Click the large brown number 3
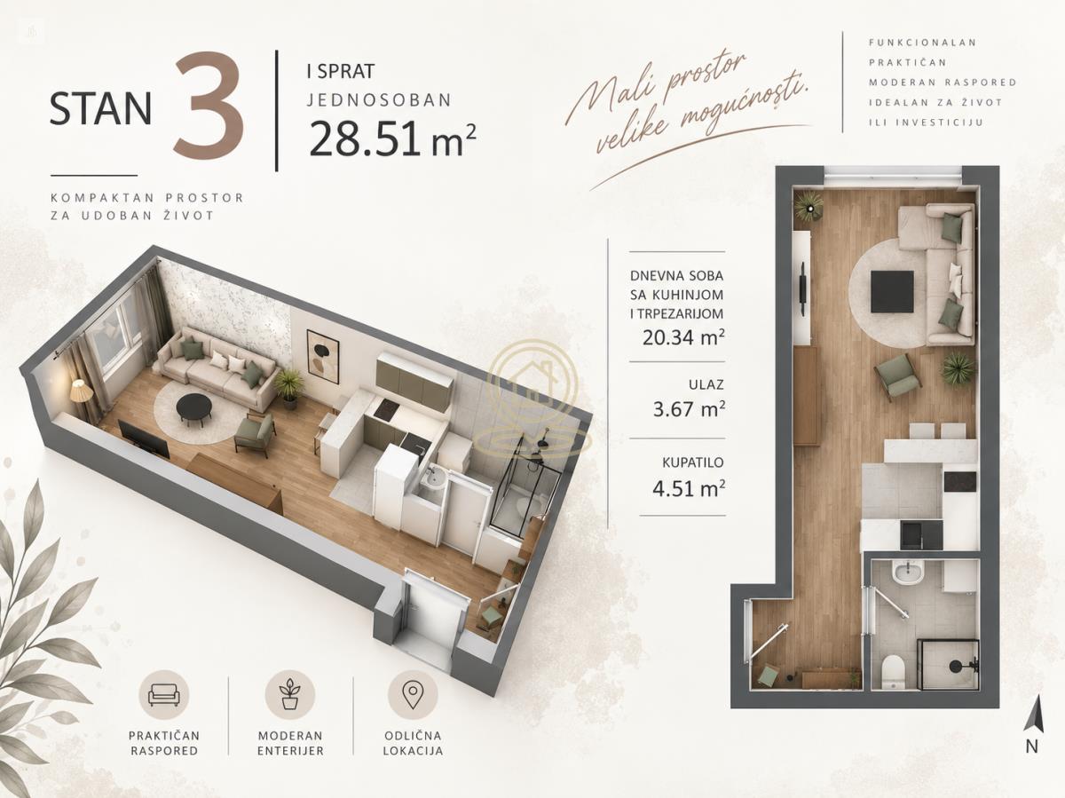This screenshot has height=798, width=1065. (209, 106)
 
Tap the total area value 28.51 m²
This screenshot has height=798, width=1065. (391, 138)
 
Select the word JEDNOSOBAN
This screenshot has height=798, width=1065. (380, 100)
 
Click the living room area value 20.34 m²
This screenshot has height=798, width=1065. (683, 336)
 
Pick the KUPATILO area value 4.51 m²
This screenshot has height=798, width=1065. (688, 487)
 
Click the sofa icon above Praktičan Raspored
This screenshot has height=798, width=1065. (163, 695)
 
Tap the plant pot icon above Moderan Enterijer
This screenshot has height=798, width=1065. (289, 695)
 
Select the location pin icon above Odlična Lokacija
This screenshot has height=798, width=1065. (413, 695)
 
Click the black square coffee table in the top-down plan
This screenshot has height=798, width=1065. (892, 291)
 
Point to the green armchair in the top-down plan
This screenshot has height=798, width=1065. (897, 377)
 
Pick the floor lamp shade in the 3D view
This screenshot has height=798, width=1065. (82, 391)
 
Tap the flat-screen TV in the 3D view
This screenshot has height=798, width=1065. (144, 439)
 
